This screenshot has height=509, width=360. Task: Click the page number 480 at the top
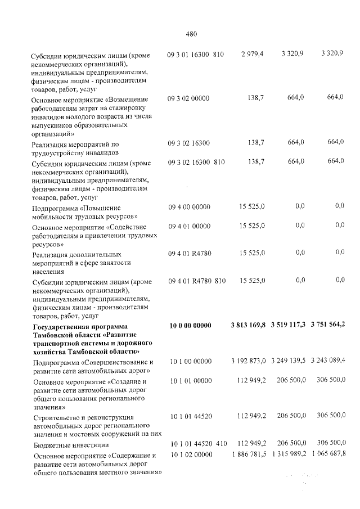[x=191, y=33]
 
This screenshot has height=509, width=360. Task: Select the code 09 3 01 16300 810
[x=196, y=54]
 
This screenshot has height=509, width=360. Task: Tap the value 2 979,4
[x=252, y=54]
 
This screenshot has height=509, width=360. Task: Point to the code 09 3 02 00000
[x=188, y=98]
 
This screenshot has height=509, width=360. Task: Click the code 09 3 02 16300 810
[x=196, y=163]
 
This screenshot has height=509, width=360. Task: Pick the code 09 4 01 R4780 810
[x=196, y=280]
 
